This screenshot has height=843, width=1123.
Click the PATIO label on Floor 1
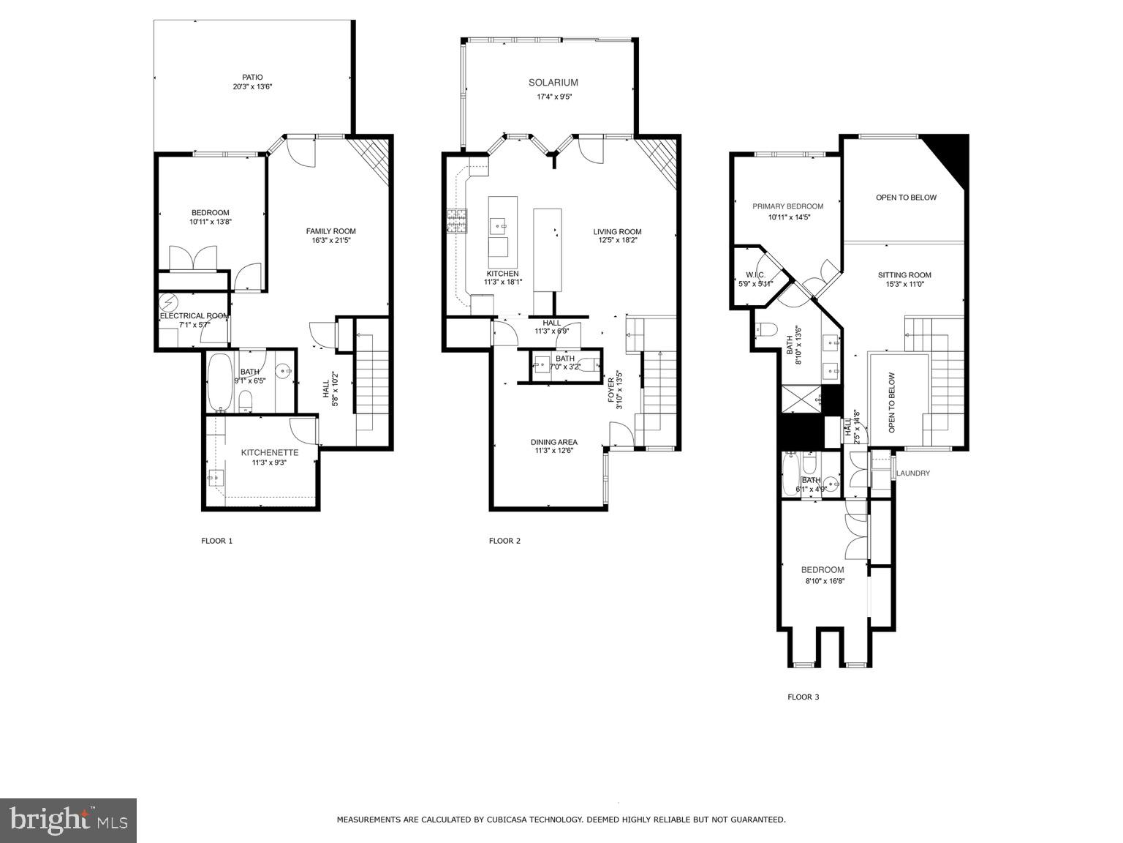click(x=252, y=77)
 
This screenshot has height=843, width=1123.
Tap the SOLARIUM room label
click(x=553, y=83)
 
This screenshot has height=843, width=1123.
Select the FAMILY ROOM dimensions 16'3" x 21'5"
click(x=330, y=240)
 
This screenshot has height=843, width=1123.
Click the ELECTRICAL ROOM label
click(x=194, y=316)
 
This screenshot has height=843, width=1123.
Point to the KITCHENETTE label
click(x=270, y=453)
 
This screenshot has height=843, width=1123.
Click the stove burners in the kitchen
click(x=458, y=221)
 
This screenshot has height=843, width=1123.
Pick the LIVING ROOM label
click(x=617, y=232)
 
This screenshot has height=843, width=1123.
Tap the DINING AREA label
click(x=553, y=442)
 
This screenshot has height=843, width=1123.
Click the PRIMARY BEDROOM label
click(x=787, y=206)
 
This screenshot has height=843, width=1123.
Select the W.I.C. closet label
click(x=755, y=274)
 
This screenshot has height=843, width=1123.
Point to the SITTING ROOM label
click(x=904, y=275)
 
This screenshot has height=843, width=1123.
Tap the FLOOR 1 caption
click(x=216, y=541)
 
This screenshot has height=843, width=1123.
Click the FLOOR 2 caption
click(x=504, y=541)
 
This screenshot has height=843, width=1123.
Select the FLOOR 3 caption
click(x=803, y=697)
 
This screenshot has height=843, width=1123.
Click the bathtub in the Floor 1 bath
click(x=219, y=382)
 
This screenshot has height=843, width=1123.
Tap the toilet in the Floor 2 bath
click(x=587, y=363)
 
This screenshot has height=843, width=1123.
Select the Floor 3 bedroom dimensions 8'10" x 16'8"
click(x=822, y=581)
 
